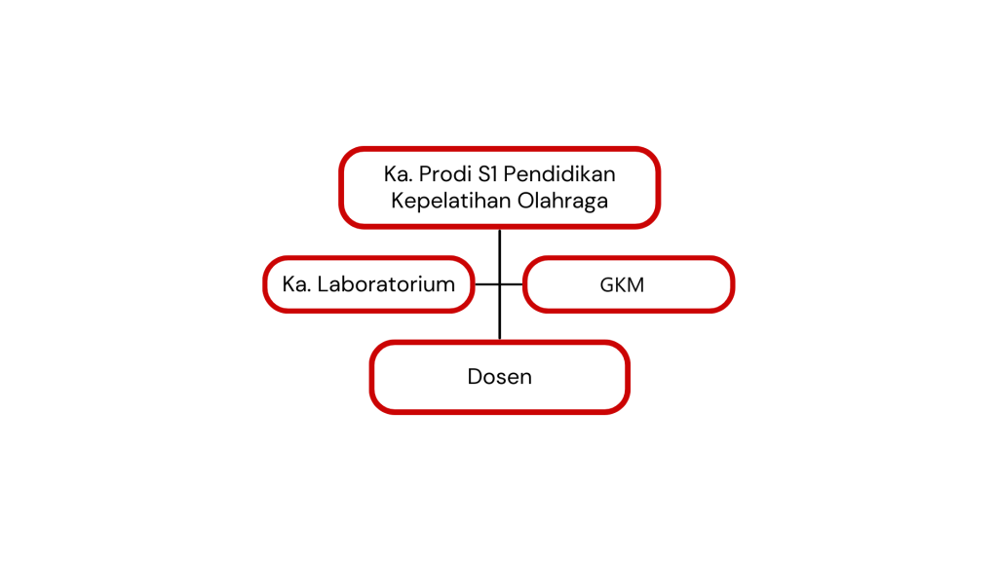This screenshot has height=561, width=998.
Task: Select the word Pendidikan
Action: [559, 173]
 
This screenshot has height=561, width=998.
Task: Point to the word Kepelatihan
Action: [450, 201]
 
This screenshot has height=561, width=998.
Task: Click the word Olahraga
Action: [562, 201]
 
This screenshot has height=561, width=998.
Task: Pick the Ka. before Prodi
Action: [398, 173]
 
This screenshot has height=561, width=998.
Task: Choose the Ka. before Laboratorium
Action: [296, 284]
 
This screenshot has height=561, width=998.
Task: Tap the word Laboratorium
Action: [386, 284]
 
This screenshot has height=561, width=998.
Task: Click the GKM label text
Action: [622, 285]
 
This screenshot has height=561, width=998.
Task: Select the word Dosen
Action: [500, 377]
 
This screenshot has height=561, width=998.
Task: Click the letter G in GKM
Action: [607, 285]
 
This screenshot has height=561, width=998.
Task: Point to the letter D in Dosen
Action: [476, 377]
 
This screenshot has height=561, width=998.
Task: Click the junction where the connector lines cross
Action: [500, 284]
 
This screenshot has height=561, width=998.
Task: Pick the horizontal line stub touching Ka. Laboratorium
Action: [487, 284]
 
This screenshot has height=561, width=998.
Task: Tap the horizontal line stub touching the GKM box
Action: [512, 284]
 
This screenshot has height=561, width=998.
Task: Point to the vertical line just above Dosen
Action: [500, 313]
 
